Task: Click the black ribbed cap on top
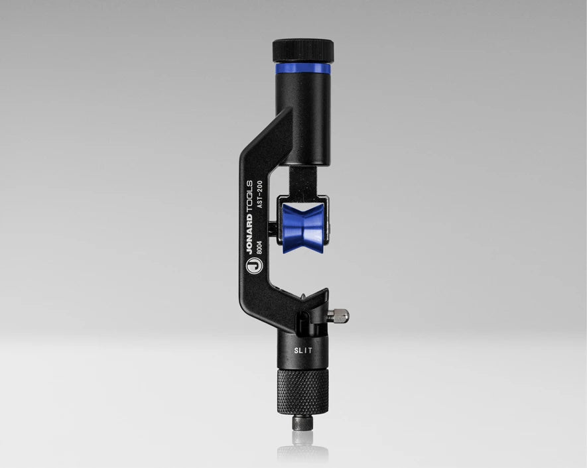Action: pos(303,50)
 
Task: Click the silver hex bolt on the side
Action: pos(340,316)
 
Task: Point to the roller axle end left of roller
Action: pos(273,229)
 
